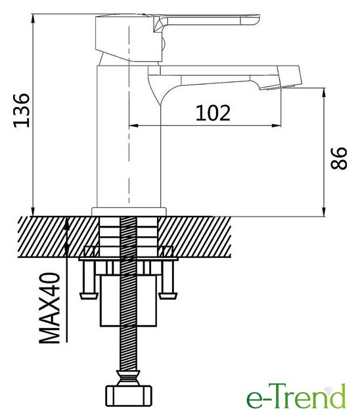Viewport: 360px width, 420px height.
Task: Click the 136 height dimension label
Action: [22, 110]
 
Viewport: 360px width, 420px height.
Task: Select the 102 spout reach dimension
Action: [213, 113]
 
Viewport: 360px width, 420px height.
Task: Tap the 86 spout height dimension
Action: [339, 158]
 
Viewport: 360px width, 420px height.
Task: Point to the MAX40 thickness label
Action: [49, 308]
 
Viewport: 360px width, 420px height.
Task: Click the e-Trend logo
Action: [296, 397]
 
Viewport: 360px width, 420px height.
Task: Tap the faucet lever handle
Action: [206, 21]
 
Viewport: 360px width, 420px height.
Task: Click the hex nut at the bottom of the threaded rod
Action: [128, 396]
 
